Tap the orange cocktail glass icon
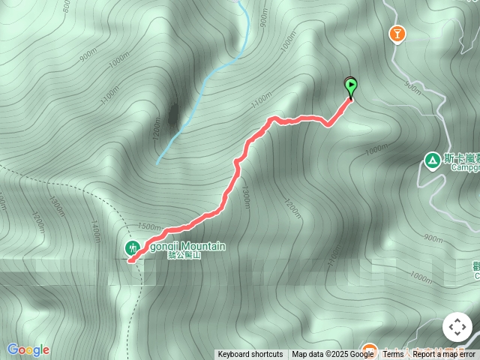tap(395, 33)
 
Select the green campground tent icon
tap(432, 160)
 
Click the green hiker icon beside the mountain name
tap(132, 247)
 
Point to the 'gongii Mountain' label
tap(183, 246)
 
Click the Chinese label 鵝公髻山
tap(184, 255)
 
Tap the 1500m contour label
tap(149, 226)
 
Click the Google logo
tap(28, 349)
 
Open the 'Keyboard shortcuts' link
tap(250, 354)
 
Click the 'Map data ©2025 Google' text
tap(332, 354)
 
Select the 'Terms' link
tap(393, 354)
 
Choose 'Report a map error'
tap(445, 354)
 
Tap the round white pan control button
tap(457, 327)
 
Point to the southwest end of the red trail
tap(130, 261)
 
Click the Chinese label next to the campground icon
tap(460, 158)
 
